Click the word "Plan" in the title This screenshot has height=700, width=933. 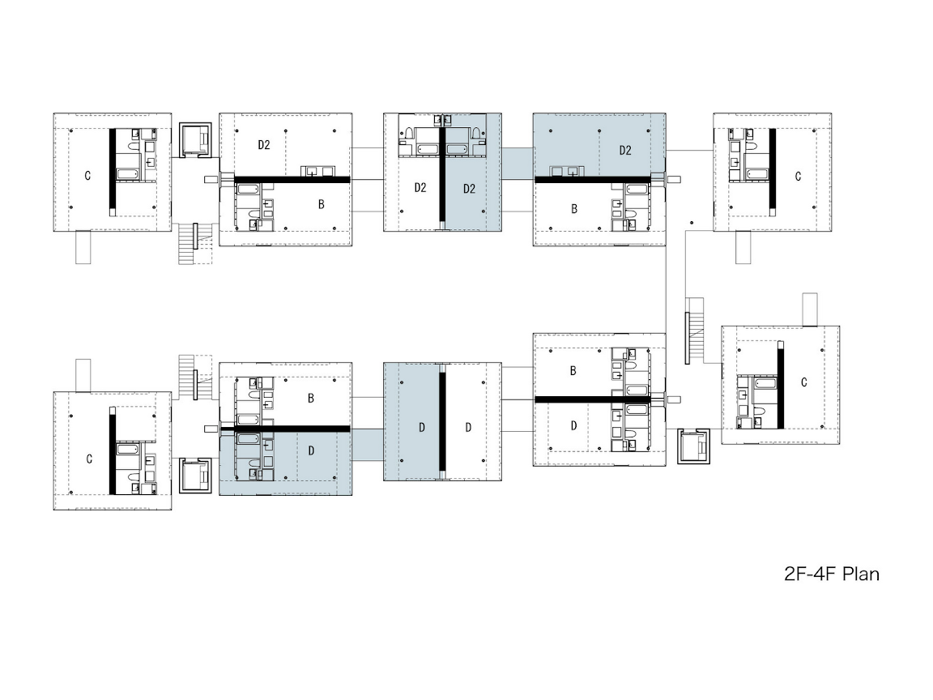click(x=860, y=574)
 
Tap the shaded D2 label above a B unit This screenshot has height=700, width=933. click(x=624, y=150)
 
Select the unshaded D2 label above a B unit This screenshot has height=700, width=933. click(x=263, y=145)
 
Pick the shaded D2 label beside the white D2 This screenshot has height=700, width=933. click(x=469, y=189)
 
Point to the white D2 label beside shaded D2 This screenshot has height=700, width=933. click(x=420, y=187)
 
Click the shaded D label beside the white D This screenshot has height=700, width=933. click(x=422, y=428)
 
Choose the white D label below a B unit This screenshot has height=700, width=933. click(x=573, y=425)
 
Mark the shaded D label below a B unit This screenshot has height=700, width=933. click(x=311, y=450)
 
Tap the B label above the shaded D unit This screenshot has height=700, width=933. click(x=311, y=399)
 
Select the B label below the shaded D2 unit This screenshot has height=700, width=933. click(x=574, y=209)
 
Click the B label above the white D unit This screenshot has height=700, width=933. click(x=573, y=371)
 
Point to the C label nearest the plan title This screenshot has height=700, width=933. click(x=804, y=382)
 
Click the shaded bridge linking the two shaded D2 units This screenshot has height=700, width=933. click(x=517, y=163)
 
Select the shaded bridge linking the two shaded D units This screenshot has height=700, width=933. click(x=368, y=444)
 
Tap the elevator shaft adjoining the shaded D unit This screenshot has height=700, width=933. click(x=196, y=476)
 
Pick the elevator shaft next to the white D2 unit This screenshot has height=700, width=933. click(x=196, y=140)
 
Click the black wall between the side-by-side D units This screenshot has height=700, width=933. click(x=442, y=421)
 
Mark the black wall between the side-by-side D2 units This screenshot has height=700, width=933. click(x=442, y=173)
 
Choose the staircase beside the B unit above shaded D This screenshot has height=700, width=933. click(x=196, y=378)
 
